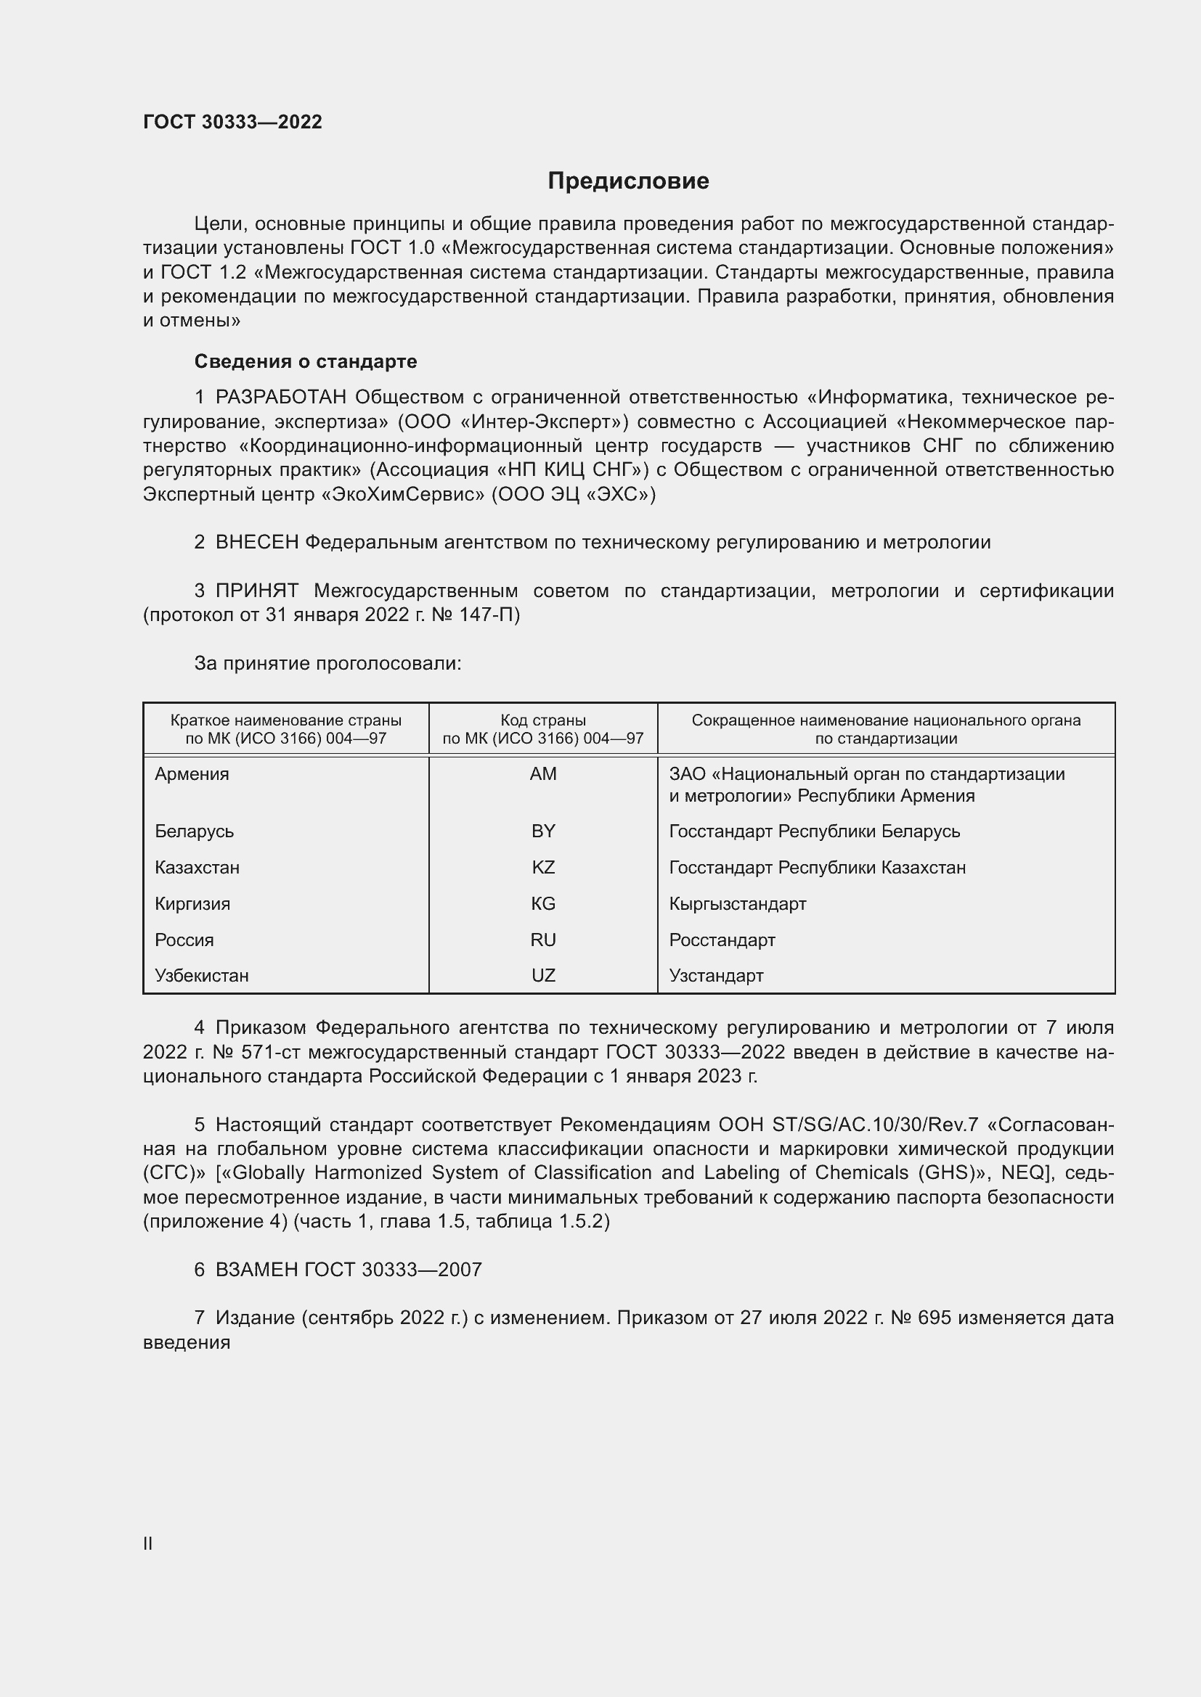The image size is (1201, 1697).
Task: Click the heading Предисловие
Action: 628,181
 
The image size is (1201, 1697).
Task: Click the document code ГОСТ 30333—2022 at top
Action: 232,122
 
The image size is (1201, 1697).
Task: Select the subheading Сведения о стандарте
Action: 305,361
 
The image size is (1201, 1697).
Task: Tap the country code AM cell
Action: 543,774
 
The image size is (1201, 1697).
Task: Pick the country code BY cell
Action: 543,831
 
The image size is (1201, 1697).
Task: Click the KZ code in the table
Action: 543,867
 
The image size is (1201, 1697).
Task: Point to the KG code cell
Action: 543,903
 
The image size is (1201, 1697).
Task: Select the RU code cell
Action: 543,940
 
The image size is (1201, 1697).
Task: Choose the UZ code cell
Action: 543,975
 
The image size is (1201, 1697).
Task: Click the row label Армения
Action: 192,774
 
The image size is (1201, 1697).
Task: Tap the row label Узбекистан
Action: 201,975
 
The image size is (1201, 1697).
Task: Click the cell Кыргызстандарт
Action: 737,903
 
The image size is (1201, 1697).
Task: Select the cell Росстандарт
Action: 722,940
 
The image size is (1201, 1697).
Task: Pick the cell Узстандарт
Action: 716,975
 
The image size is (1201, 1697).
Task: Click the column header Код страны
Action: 543,720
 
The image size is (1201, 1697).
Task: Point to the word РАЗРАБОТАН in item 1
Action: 280,398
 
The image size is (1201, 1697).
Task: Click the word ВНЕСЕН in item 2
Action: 256,543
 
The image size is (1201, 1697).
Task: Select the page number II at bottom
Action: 147,1543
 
